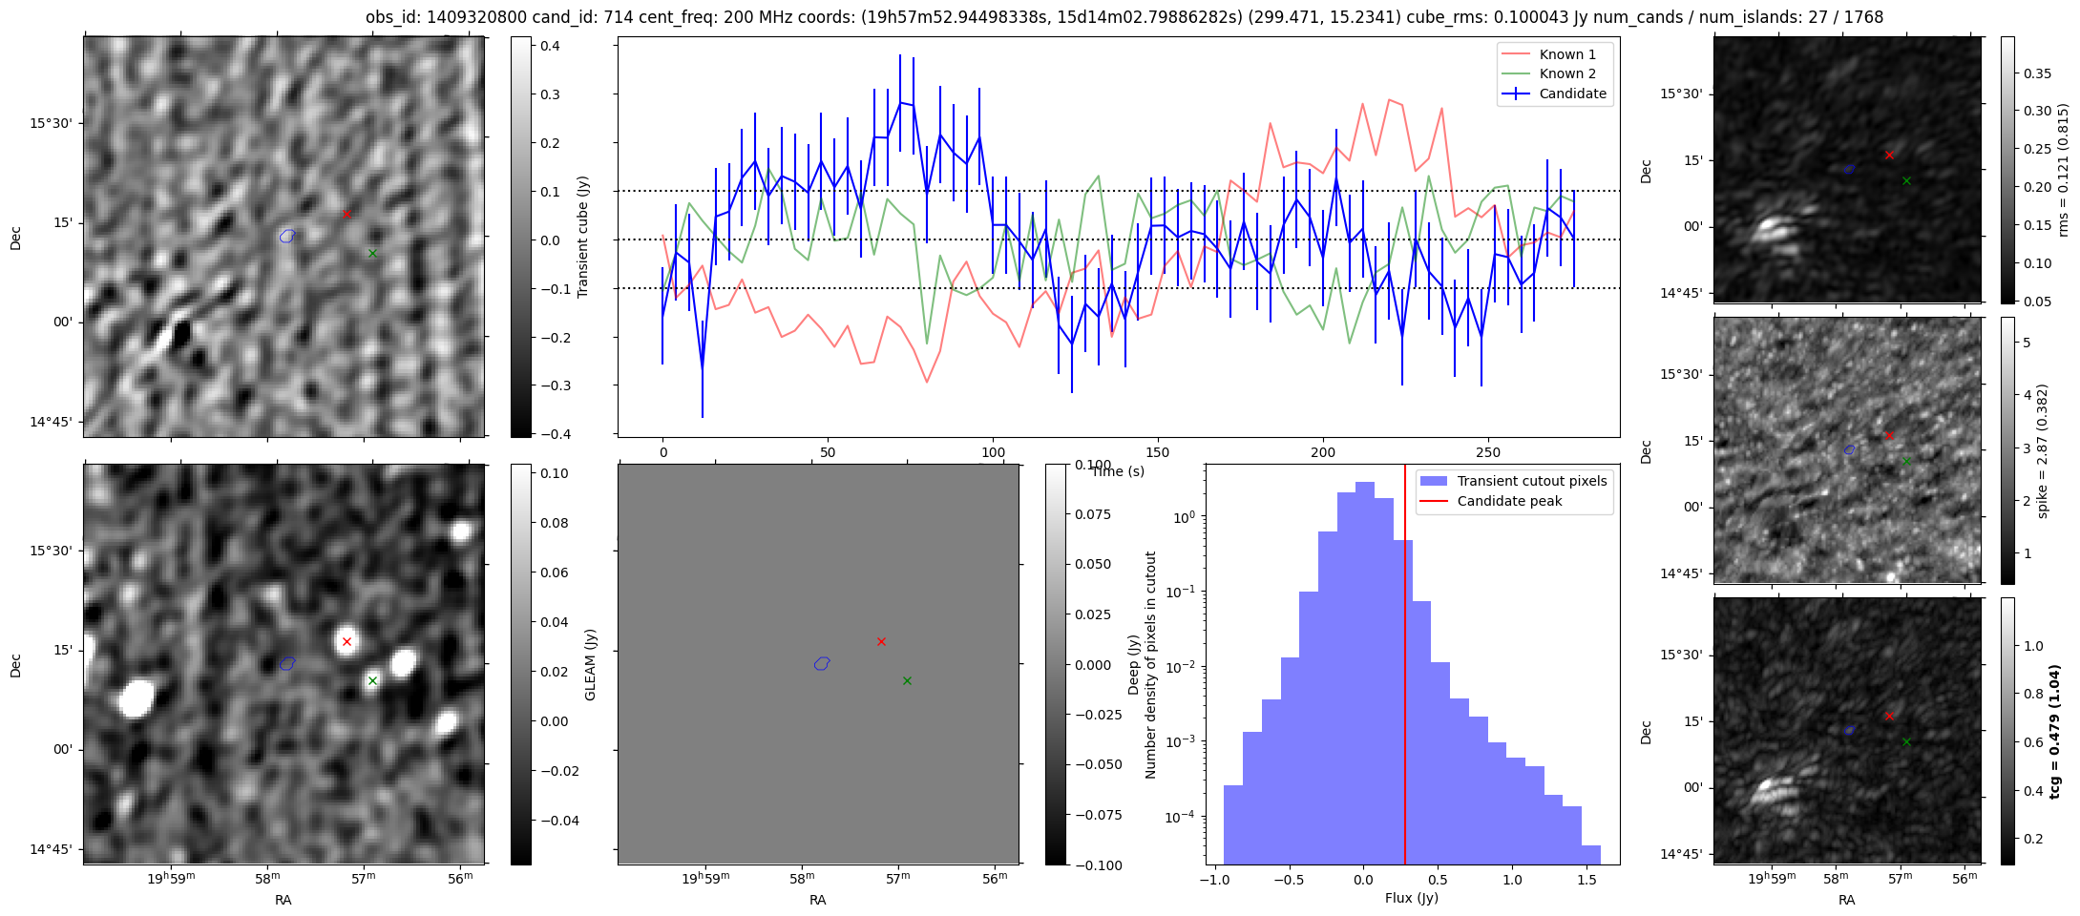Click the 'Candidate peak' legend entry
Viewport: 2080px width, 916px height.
coord(1509,501)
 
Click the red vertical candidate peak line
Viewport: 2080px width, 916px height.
coord(1405,668)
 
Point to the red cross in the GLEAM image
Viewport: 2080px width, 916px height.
coord(347,641)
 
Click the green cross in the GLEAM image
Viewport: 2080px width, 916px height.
coord(372,680)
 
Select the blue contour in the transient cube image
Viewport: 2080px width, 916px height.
coord(287,236)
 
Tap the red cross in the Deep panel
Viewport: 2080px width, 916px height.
coord(881,641)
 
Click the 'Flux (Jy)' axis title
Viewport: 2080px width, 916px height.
coord(1411,898)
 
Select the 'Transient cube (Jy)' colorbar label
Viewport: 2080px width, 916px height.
coord(583,237)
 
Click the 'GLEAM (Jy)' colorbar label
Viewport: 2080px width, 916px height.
coord(590,665)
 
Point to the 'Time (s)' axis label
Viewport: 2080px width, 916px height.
coord(1118,471)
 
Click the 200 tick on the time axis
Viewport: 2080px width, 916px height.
coord(1323,452)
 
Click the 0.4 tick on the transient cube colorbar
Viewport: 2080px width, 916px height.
coord(551,46)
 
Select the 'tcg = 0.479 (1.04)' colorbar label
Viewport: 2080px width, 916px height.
coord(2055,731)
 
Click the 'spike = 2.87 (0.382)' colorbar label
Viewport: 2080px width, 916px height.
coord(2042,450)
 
